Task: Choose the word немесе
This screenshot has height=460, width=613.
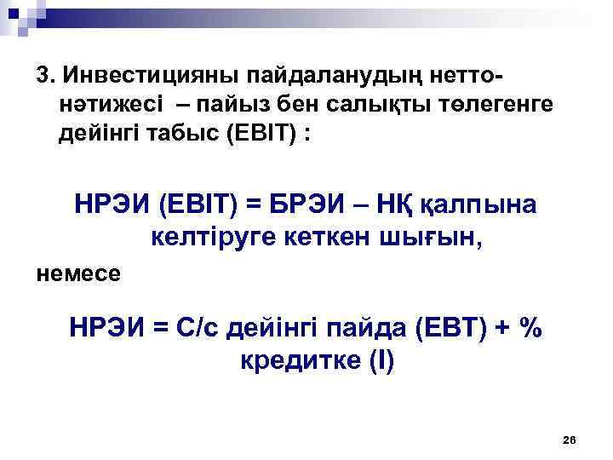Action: (x=78, y=274)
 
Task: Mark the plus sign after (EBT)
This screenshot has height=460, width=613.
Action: (x=500, y=328)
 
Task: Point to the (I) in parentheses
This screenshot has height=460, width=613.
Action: (x=379, y=359)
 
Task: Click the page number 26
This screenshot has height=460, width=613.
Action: (x=570, y=440)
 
